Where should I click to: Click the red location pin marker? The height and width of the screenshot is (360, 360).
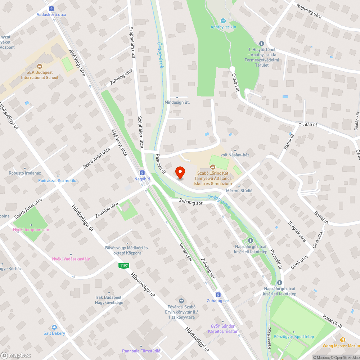click(180, 172)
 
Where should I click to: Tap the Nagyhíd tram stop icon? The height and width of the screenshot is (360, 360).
click(142, 172)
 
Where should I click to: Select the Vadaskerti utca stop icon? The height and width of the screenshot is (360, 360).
click(51, 9)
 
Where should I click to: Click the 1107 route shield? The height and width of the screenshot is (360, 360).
click(124, 266)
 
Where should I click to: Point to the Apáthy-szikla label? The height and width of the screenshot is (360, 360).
click(223, 27)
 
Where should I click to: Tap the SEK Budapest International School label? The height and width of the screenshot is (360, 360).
click(40, 75)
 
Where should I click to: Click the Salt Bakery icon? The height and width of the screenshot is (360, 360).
click(54, 327)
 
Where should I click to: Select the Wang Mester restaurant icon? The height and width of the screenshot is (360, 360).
click(342, 339)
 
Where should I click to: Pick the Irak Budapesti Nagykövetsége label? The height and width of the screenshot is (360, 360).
click(109, 300)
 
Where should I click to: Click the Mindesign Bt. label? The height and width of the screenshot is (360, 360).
click(177, 102)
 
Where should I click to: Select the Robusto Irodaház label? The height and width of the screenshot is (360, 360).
click(25, 173)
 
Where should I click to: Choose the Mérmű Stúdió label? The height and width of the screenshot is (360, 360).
click(239, 190)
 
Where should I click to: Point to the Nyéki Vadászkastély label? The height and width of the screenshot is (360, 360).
click(71, 259)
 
